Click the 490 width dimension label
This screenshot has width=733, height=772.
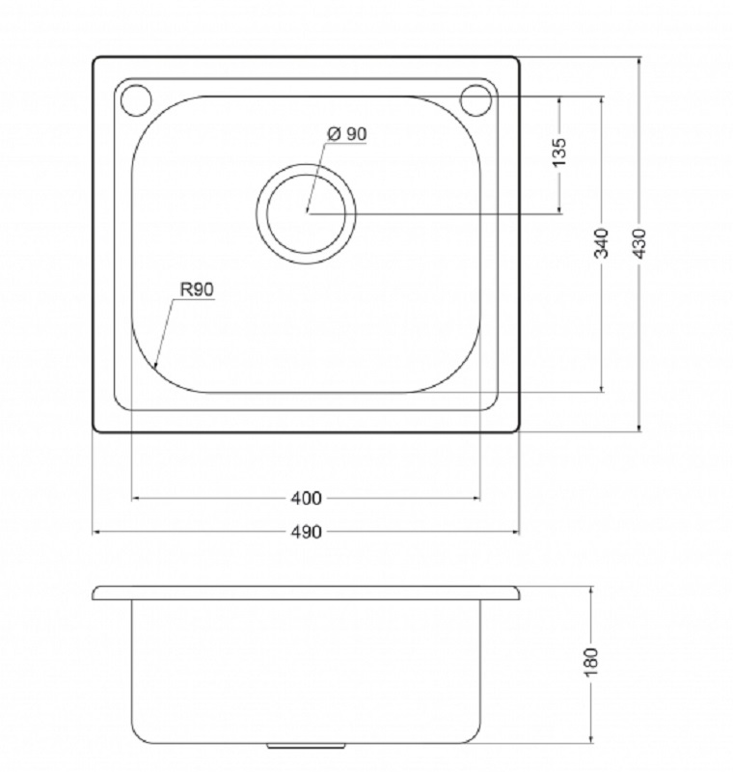306,533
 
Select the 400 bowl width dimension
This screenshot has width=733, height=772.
306,499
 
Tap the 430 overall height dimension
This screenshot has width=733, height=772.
639,244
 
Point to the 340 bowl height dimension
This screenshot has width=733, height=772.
602,244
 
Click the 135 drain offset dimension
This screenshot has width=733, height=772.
559,152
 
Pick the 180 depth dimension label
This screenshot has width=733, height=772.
591,662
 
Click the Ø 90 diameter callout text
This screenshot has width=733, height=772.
347,133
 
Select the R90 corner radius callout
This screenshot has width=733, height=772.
198,289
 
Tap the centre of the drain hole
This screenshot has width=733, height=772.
306,213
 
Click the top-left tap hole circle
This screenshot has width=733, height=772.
136,100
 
